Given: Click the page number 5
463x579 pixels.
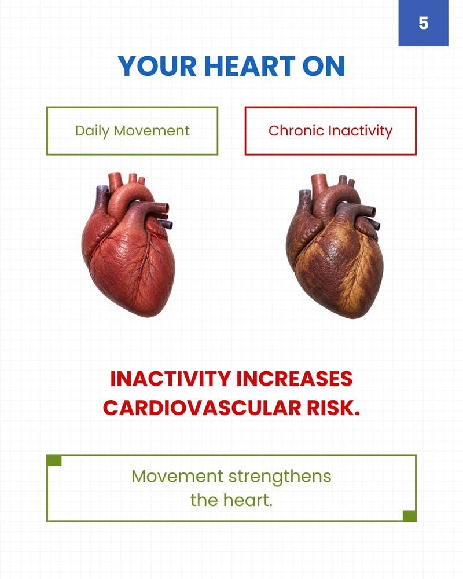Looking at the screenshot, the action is pos(424,23).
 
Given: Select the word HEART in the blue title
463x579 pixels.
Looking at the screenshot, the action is pos(249,67).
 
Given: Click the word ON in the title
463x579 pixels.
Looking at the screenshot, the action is pos(324,67).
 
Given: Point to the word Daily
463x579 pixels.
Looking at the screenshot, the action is pos(92,131).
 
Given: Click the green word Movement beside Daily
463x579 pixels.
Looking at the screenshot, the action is pos(152,131).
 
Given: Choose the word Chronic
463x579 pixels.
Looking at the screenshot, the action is pos(296,131).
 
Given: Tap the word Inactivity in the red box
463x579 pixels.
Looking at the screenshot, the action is pos(360,131).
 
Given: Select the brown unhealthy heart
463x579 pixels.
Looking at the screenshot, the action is pos(334,245).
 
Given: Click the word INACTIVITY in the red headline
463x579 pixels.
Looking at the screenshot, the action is pos(170,379).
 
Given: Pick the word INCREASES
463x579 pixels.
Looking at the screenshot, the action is pos(294,379).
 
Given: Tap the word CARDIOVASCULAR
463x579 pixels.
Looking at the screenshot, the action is pos(202,408).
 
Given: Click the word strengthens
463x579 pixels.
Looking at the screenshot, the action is pos(280,477).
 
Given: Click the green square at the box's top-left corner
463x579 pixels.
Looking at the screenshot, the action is pos(54,460).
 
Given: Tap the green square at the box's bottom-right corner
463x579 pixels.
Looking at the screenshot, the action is pos(409,516).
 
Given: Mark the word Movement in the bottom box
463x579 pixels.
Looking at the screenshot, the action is pos(178,477).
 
